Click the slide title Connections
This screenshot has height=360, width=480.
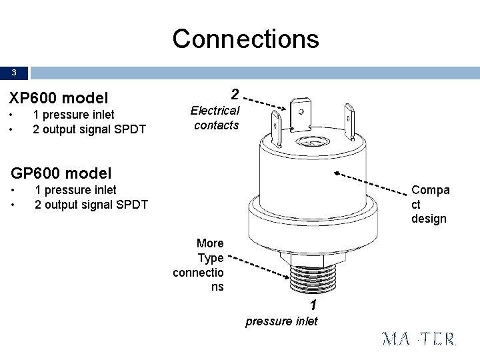(246, 39)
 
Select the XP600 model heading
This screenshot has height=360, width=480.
(58, 98)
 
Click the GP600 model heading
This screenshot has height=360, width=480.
(61, 173)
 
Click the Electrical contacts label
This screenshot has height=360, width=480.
(215, 117)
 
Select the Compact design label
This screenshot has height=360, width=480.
(430, 204)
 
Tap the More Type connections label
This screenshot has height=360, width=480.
(199, 265)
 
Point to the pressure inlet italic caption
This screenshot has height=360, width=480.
(281, 321)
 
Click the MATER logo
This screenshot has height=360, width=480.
(419, 339)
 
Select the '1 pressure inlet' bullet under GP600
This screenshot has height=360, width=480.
(75, 190)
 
